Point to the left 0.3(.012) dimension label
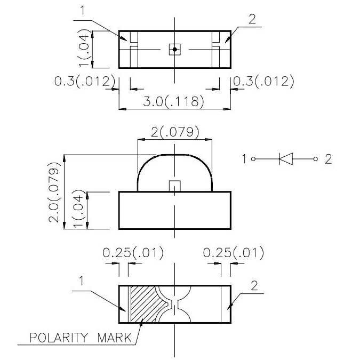pos(85,82)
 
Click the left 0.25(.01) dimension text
pos(133,253)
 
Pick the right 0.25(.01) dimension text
pos(234,253)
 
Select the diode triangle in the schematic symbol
pos(286,159)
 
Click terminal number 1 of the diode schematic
pos(243,159)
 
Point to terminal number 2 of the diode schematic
pos(328,159)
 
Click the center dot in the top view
pos(174,49)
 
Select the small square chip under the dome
pos(174,186)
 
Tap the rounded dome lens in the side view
pos(174,168)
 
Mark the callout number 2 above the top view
pos(252,19)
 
